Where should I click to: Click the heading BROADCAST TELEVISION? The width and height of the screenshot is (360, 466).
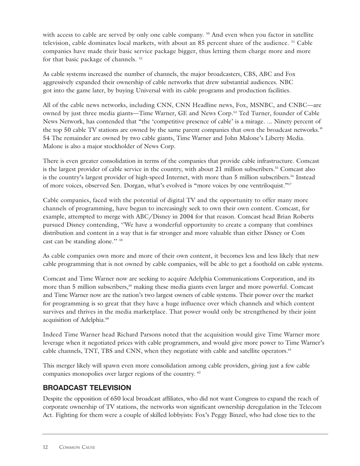87,388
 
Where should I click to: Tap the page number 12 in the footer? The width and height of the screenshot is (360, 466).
45,447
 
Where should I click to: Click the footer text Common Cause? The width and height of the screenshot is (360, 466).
77,447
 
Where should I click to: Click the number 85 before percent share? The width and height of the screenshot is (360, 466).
202,43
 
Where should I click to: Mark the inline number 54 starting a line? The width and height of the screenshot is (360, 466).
47,138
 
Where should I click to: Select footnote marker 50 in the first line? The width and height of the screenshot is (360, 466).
208,34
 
